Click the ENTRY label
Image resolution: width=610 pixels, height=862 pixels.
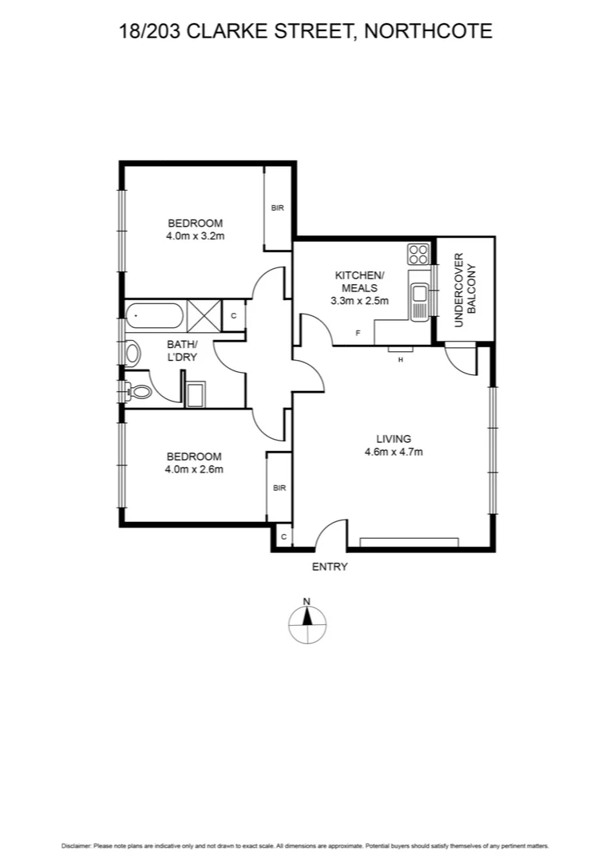(330, 567)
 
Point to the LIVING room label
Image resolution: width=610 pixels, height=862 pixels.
(394, 438)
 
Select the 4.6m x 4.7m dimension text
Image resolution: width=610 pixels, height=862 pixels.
(394, 452)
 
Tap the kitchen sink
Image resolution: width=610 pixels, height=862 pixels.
(419, 296)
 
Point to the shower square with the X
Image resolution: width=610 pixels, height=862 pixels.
(203, 314)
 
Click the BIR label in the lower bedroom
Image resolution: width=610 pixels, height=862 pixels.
(279, 488)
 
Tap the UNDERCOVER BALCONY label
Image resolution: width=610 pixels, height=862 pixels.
(465, 291)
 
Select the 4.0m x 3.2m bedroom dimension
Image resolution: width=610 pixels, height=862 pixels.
(195, 236)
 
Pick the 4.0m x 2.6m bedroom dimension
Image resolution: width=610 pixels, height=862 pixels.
(195, 469)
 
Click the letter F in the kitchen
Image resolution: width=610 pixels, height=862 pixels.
(358, 332)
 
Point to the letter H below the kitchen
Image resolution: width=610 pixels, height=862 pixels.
(400, 359)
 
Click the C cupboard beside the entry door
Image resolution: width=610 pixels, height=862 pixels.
(283, 536)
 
